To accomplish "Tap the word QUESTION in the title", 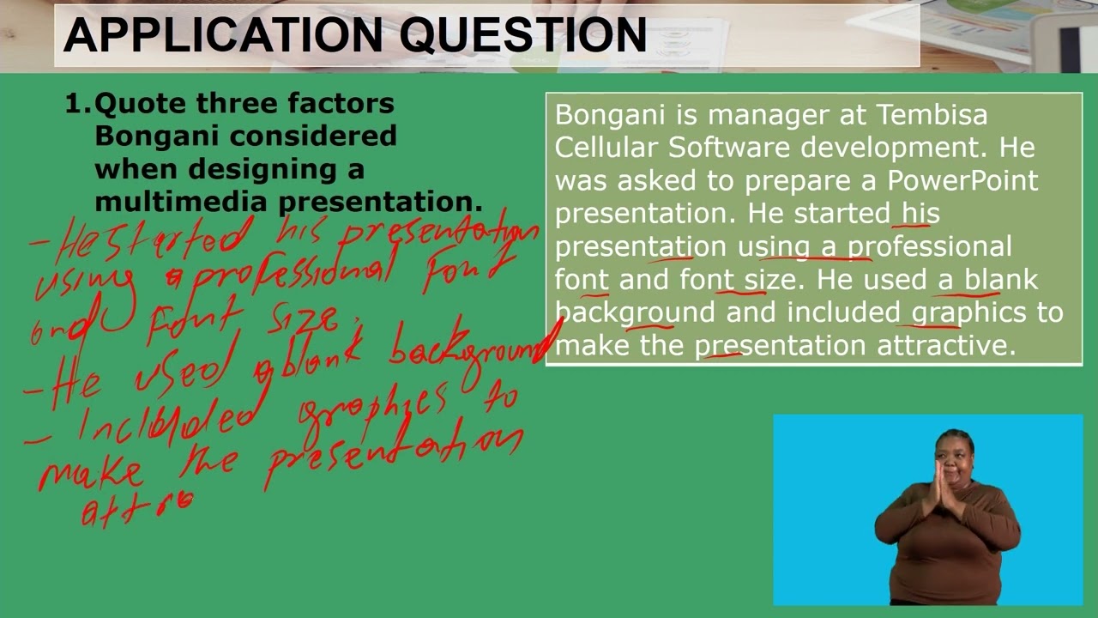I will (523, 35).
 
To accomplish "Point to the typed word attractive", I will (945, 345).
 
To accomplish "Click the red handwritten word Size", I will (304, 320).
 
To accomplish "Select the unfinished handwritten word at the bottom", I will (137, 508).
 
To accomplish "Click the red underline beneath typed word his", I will (916, 226).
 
